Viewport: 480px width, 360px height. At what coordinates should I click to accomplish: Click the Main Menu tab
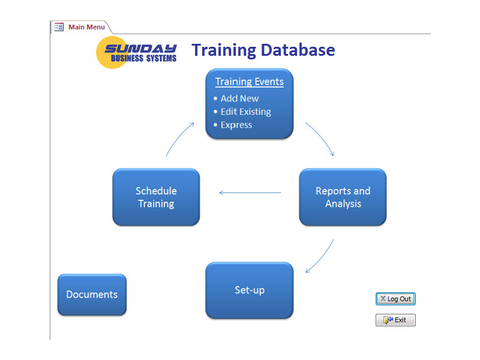click(86, 27)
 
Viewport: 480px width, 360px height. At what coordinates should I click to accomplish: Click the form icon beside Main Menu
click(59, 27)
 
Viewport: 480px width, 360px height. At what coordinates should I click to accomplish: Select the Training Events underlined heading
click(250, 82)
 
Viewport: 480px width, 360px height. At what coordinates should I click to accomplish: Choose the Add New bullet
click(239, 98)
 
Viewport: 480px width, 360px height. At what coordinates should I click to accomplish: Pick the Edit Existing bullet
click(245, 112)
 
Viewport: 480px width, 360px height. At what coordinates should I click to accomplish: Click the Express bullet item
click(236, 125)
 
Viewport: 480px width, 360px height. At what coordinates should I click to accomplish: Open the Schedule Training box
click(156, 197)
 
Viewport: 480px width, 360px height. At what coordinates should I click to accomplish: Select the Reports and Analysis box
click(343, 197)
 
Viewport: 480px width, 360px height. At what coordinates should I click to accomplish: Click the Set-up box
click(250, 290)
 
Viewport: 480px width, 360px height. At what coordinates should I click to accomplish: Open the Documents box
click(92, 295)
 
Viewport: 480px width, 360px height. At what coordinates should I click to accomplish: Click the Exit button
click(395, 320)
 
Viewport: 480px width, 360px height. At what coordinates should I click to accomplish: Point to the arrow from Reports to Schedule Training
click(250, 193)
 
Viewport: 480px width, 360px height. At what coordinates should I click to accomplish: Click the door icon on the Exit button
click(388, 320)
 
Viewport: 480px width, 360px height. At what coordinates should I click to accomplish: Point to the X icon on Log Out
click(383, 298)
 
